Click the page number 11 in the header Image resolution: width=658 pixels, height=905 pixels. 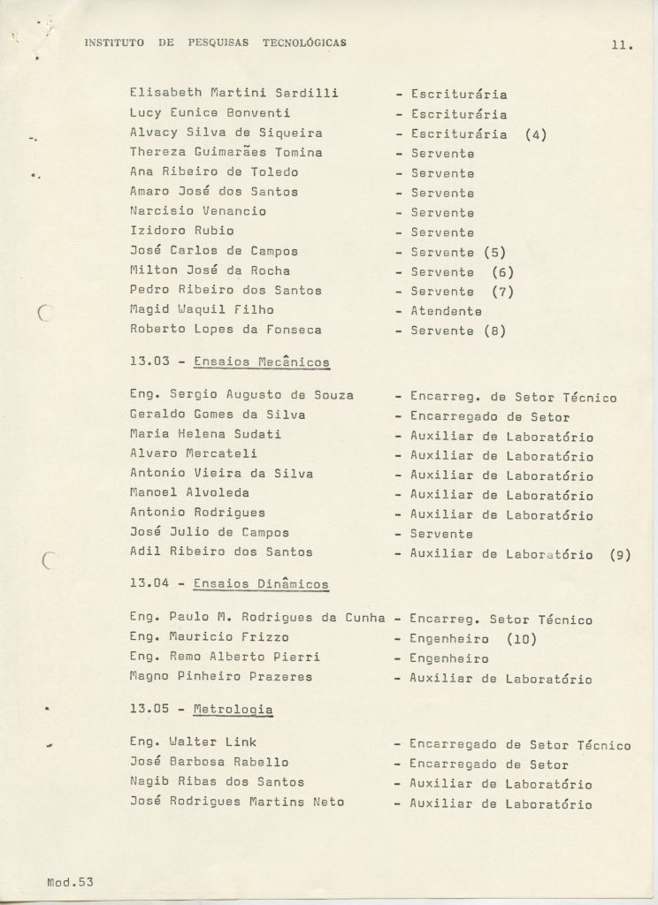click(621, 47)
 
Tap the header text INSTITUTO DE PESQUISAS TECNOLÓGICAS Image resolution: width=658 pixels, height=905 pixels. click(215, 42)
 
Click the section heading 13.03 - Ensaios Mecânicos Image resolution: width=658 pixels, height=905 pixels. click(229, 362)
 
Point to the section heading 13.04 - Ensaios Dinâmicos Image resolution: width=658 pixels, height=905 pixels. click(229, 584)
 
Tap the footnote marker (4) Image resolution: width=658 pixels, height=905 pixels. click(536, 134)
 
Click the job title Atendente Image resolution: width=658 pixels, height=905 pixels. click(446, 310)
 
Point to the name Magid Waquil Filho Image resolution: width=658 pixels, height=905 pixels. click(202, 309)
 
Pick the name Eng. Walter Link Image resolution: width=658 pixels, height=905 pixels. click(193, 742)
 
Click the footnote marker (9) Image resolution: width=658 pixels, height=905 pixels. click(619, 555)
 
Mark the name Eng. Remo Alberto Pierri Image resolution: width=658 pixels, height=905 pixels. click(224, 658)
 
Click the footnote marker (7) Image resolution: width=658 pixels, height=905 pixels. click(502, 291)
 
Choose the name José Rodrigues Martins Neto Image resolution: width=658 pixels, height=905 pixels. click(236, 802)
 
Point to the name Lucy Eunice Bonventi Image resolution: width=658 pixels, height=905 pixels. click(210, 113)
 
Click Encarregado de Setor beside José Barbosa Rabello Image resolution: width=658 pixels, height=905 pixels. click(489, 764)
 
